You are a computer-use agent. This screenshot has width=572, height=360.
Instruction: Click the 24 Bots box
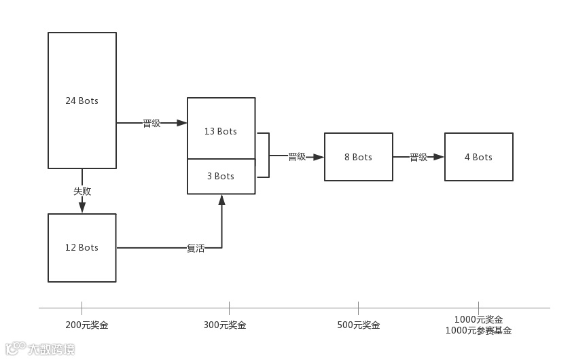(x=82, y=101)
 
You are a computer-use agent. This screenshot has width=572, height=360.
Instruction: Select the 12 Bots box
(x=82, y=247)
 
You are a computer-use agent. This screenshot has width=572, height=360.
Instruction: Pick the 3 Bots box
(x=221, y=176)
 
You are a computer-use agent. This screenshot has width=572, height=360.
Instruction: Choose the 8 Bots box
(x=358, y=157)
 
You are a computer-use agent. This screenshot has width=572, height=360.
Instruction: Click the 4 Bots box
(x=478, y=157)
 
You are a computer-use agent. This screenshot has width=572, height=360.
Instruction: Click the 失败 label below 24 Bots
(x=82, y=191)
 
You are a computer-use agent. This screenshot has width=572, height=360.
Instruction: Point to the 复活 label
(x=196, y=249)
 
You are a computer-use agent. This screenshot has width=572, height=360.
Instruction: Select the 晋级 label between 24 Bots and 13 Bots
(x=151, y=124)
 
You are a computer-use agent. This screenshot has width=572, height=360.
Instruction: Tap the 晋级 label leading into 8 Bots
(x=297, y=157)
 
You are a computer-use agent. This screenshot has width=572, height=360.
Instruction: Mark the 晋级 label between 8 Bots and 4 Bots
(x=418, y=157)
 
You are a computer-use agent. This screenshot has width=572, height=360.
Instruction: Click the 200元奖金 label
(x=87, y=325)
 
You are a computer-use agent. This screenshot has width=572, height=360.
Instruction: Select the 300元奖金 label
(x=225, y=325)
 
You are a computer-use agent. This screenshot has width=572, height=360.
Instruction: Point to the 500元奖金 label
(x=359, y=325)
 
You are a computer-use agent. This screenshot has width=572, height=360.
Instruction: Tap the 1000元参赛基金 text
(x=478, y=331)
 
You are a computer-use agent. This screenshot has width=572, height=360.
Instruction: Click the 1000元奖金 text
(x=478, y=320)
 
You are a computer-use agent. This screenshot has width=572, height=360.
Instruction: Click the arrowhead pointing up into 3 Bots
(x=221, y=200)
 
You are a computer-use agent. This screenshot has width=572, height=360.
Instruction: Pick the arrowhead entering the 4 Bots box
(x=439, y=157)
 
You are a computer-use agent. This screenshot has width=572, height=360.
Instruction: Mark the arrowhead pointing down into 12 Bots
(x=82, y=208)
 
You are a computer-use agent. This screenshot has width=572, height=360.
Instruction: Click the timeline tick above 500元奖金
(x=358, y=308)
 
